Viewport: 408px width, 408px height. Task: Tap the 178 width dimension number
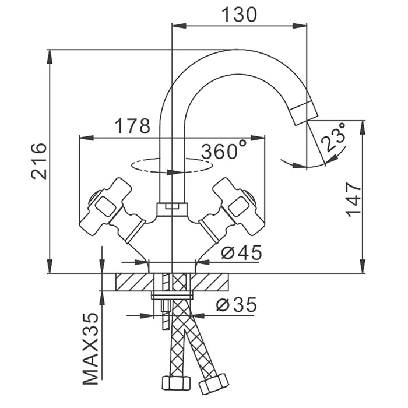pyautogui.click(x=132, y=126)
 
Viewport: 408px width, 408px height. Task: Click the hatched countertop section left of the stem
pyautogui.click(x=133, y=282)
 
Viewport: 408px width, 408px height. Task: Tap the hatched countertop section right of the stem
pyautogui.click(x=212, y=282)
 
